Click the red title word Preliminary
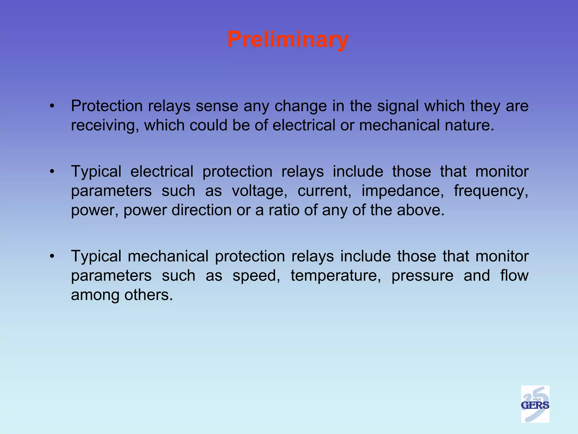coord(288,40)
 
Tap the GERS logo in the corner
coord(535,404)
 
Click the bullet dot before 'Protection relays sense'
coord(52,106)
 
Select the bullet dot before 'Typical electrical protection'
coord(52,172)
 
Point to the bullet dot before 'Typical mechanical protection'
coord(52,257)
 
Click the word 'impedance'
coord(401,191)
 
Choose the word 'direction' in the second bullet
coord(202,210)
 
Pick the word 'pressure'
coord(422,276)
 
